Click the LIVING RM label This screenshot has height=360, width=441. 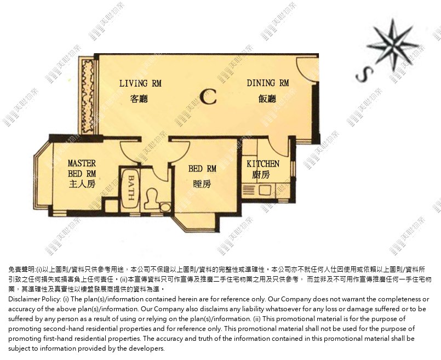click(140, 83)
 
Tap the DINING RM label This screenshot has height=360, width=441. click(268, 83)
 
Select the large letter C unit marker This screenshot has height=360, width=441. click(208, 96)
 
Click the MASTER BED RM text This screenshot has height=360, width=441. click(82, 168)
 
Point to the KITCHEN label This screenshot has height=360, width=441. click(263, 164)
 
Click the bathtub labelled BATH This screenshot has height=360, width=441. click(130, 188)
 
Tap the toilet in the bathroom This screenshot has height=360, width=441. click(152, 198)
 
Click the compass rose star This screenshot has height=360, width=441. click(393, 45)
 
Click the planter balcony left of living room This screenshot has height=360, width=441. click(88, 96)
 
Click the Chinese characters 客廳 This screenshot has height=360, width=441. click(139, 99)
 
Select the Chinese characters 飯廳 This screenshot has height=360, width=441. click(267, 99)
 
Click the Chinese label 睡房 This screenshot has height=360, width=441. click(202, 184)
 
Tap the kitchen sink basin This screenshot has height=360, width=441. click(265, 190)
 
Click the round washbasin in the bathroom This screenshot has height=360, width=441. click(165, 208)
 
